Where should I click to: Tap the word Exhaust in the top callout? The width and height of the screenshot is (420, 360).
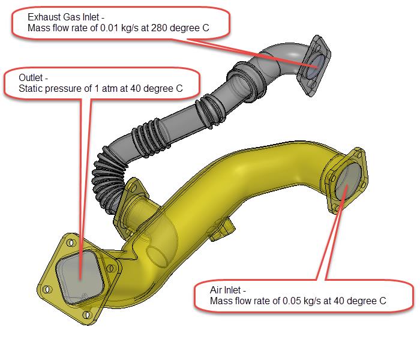[41, 17]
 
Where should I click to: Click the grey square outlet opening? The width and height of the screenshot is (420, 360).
[80, 277]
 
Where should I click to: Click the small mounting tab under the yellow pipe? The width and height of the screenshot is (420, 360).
[223, 230]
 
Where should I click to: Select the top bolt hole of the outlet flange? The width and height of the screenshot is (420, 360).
[71, 242]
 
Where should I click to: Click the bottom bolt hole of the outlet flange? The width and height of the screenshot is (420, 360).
[86, 315]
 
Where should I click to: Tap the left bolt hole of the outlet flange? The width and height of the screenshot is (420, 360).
[47, 290]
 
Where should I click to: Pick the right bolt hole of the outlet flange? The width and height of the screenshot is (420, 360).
[110, 268]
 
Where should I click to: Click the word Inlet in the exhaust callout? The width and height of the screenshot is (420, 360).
[91, 17]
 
